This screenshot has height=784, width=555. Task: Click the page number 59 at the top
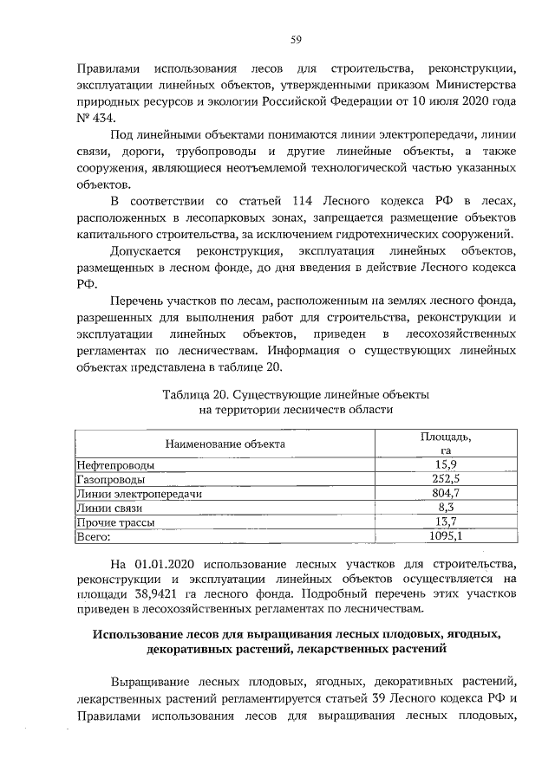point(296,39)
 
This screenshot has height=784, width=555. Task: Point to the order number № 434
point(95,118)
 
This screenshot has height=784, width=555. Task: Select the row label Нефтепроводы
point(113,464)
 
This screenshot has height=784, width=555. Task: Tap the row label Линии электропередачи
point(139,492)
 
